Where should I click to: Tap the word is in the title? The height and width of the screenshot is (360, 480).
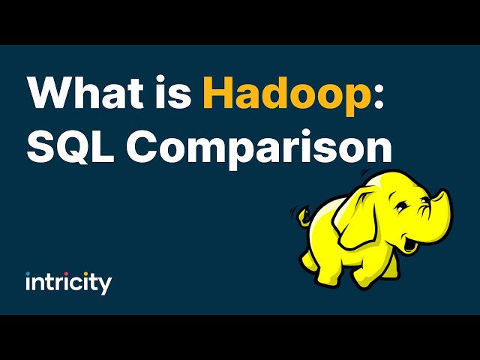click(173, 91)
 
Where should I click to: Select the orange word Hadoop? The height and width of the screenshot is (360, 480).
click(286, 95)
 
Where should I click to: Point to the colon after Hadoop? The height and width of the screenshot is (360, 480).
click(379, 95)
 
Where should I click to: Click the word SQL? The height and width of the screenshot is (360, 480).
click(70, 148)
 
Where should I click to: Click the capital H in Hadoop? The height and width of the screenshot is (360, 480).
click(218, 91)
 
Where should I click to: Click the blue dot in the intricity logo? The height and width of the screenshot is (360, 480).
click(28, 274)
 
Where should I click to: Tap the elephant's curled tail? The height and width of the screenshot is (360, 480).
click(303, 217)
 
